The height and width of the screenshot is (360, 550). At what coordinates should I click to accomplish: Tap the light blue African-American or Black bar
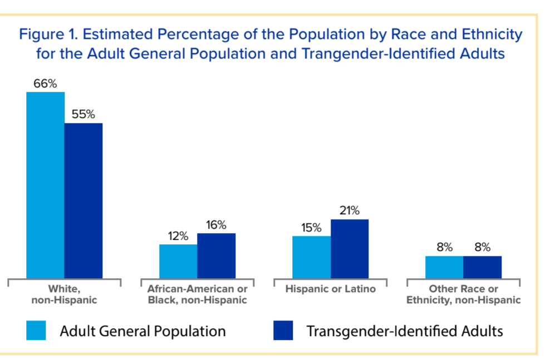pos(178,261)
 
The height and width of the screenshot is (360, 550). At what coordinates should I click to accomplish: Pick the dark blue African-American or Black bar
pos(217,255)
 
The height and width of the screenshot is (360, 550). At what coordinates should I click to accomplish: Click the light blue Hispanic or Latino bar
pos(311,257)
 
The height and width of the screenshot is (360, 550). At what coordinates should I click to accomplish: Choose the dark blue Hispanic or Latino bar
pos(350,249)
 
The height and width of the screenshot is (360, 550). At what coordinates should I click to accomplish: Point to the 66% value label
pos(45,84)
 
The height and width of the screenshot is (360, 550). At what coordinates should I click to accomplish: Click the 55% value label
pos(84,115)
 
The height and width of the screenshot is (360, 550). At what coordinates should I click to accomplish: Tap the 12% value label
pos(178,236)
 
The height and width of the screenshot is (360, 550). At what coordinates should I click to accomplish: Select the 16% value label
pos(216,225)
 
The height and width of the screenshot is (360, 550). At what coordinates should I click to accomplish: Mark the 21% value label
pos(350,211)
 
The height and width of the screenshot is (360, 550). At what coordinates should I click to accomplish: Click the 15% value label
pos(311,228)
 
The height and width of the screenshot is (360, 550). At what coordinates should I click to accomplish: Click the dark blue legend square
pos(283,331)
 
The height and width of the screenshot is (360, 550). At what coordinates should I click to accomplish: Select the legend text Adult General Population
pos(143,331)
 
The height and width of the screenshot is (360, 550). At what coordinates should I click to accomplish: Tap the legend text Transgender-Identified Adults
pos(405,331)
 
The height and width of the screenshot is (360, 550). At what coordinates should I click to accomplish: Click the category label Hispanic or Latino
pos(331,289)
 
